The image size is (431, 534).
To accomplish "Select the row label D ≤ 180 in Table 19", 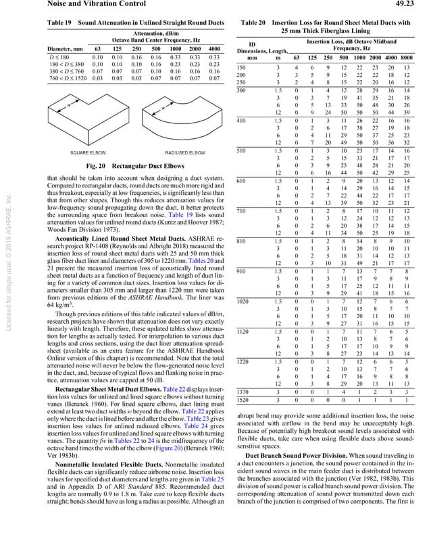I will point(60,57).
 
